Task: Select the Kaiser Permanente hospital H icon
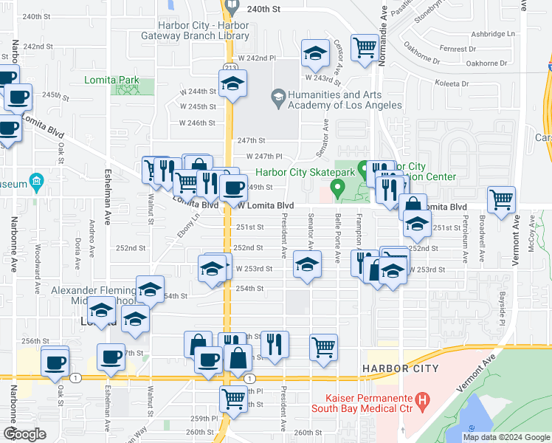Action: (x=422, y=402)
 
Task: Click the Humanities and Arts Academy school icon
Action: (x=278, y=95)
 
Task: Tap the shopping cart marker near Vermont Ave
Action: (x=502, y=199)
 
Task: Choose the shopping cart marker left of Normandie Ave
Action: (x=365, y=48)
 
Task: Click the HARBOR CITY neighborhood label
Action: (x=400, y=368)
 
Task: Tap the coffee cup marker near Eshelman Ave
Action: (x=111, y=357)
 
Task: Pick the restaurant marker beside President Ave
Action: (x=275, y=343)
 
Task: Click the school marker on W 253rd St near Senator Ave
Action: (x=307, y=264)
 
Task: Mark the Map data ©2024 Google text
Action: (x=506, y=437)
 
